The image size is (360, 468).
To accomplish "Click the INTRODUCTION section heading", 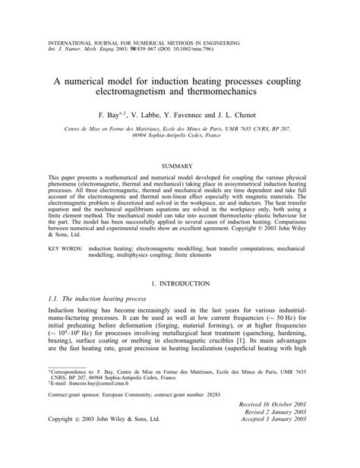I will tap(187, 283).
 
